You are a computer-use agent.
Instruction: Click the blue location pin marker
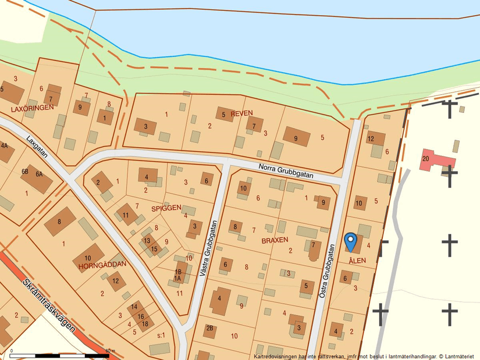(x=350, y=240)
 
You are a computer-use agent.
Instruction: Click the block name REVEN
(x=242, y=113)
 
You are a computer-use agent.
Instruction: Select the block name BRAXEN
(x=275, y=240)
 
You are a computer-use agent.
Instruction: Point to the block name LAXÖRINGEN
(x=32, y=108)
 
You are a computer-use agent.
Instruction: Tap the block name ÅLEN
(x=357, y=261)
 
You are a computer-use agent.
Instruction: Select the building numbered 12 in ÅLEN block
(x=375, y=138)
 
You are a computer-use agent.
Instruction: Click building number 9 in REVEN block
(x=296, y=137)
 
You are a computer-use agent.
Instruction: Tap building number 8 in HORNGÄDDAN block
(x=60, y=222)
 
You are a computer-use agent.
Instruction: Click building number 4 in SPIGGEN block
(x=148, y=177)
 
